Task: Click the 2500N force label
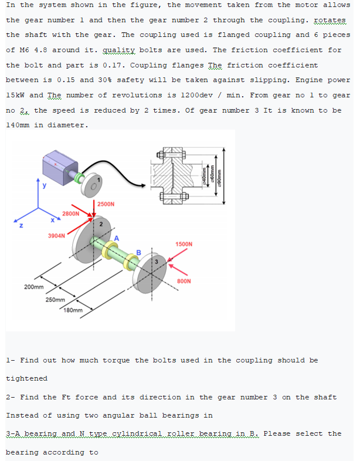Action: click(106, 204)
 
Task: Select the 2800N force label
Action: click(71, 214)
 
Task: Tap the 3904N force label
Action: click(56, 236)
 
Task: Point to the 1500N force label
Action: click(184, 243)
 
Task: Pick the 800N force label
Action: click(184, 281)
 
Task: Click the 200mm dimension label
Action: click(33, 287)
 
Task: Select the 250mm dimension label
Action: click(55, 300)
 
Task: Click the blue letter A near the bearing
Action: click(117, 238)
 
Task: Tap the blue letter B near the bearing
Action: click(139, 253)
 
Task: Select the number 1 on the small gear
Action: click(99, 179)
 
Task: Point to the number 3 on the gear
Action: click(157, 260)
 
